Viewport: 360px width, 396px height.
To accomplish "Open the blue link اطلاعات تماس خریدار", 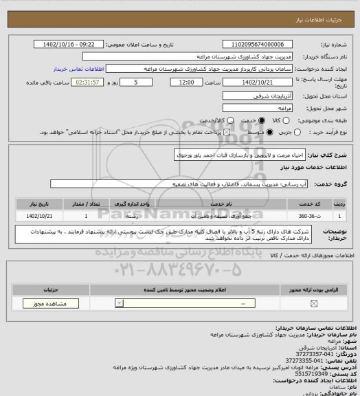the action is (79, 69).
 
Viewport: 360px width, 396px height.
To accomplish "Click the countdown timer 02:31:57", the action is (91, 82).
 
